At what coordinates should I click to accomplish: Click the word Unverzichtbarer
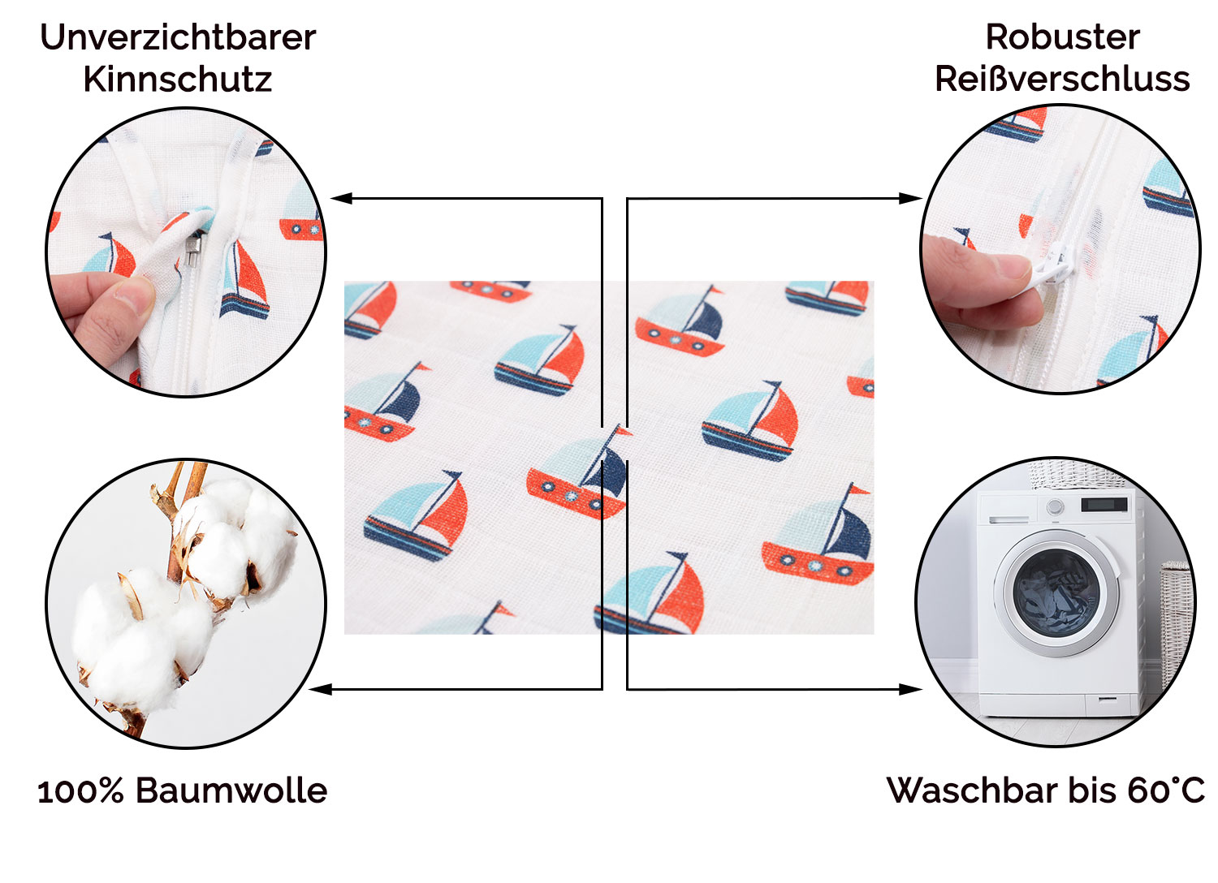178,38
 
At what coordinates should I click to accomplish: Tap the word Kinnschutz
177,80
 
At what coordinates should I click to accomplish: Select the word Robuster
1062,37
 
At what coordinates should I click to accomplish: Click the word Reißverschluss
1062,80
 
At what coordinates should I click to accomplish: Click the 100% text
80,791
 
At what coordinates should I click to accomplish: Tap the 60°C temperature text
1166,790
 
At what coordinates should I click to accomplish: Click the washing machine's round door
1056,590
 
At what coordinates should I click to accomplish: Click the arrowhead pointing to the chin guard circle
342,198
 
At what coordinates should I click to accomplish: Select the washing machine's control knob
1055,507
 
